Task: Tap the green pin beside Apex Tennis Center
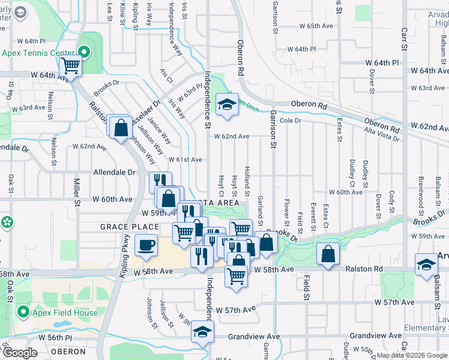coord(83,52)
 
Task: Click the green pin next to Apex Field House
coord(24,311)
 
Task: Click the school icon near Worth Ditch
coord(227,104)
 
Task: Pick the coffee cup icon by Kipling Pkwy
coord(146,245)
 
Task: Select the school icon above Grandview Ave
coord(202,331)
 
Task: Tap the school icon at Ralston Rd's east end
coord(427,264)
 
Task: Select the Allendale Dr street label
coord(114,172)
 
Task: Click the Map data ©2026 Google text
coord(412,355)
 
